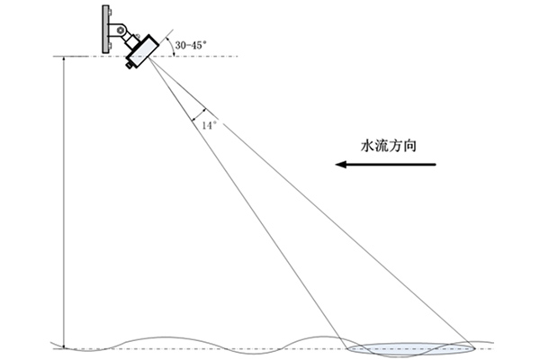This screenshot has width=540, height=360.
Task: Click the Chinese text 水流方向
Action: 390,143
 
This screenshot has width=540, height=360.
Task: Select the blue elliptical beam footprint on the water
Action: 409,348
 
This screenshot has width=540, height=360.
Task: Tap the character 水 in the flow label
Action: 367,143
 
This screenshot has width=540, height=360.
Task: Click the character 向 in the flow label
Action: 412,143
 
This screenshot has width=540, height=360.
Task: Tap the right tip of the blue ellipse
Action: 473,348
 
